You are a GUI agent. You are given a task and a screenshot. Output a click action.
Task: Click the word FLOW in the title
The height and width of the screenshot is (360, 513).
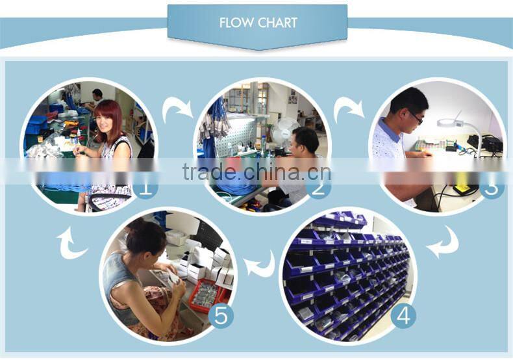point(236,23)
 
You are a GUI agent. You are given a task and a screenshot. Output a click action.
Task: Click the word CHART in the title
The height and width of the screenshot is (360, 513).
point(277,23)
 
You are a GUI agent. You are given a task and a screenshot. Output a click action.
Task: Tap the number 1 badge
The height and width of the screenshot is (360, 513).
point(146,189)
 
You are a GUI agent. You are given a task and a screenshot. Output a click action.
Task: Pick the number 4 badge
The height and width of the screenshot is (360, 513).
point(403,316)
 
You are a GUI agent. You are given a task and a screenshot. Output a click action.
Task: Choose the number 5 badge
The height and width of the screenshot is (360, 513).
point(221,316)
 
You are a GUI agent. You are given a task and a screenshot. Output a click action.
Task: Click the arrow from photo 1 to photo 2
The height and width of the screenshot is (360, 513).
point(177,109)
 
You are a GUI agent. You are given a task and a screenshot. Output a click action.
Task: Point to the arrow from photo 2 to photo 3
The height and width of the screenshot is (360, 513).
point(349,109)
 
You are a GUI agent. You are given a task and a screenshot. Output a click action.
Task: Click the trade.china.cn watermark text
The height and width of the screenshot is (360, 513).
point(256,172)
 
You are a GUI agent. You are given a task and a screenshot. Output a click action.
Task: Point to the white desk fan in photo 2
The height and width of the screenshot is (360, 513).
point(284,131)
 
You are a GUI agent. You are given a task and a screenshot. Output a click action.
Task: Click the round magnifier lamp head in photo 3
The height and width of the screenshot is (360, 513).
point(450,123)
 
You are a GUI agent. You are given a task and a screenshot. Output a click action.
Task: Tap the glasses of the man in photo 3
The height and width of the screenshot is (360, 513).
point(416,117)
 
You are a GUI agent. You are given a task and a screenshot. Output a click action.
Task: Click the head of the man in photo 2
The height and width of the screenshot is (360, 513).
point(305,142)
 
